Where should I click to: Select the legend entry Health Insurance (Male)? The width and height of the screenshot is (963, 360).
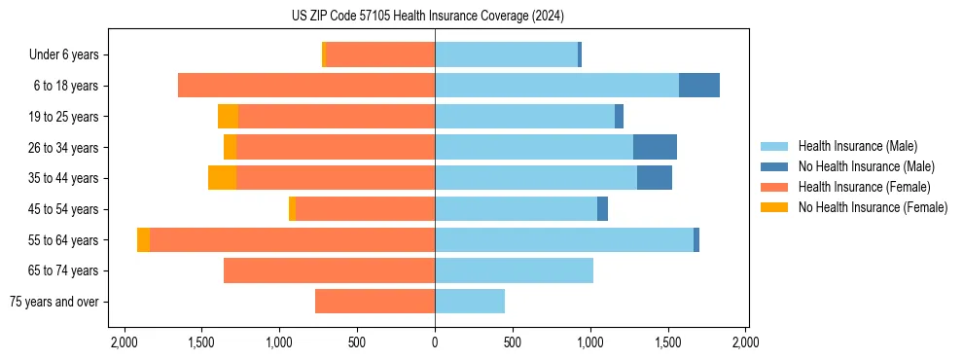pyautogui.click(x=857, y=146)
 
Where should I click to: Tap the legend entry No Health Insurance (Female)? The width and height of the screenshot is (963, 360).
pyautogui.click(x=873, y=207)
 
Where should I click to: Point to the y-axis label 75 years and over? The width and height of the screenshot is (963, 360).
pyautogui.click(x=54, y=302)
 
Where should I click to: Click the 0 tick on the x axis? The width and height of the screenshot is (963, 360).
pyautogui.click(x=435, y=342)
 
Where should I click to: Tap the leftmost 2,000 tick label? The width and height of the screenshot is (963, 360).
pyautogui.click(x=124, y=342)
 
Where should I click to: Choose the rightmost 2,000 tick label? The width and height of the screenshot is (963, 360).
pyautogui.click(x=745, y=342)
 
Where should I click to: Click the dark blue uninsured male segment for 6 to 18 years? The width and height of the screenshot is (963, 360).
pyautogui.click(x=698, y=86)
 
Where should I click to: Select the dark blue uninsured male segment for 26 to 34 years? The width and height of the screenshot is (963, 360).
pyautogui.click(x=655, y=147)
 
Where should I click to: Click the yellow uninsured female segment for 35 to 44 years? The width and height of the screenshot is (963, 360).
pyautogui.click(x=222, y=178)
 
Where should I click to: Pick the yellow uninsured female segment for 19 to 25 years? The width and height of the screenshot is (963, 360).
pyautogui.click(x=228, y=117)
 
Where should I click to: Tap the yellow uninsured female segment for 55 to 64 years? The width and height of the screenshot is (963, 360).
pyautogui.click(x=143, y=239)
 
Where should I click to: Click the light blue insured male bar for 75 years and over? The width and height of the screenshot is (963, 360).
pyautogui.click(x=470, y=302)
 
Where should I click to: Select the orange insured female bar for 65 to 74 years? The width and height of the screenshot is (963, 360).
pyautogui.click(x=329, y=270)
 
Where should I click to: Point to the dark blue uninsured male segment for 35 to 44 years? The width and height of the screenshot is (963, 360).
pyautogui.click(x=655, y=178)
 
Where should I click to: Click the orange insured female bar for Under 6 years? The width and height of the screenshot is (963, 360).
pyautogui.click(x=379, y=55)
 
